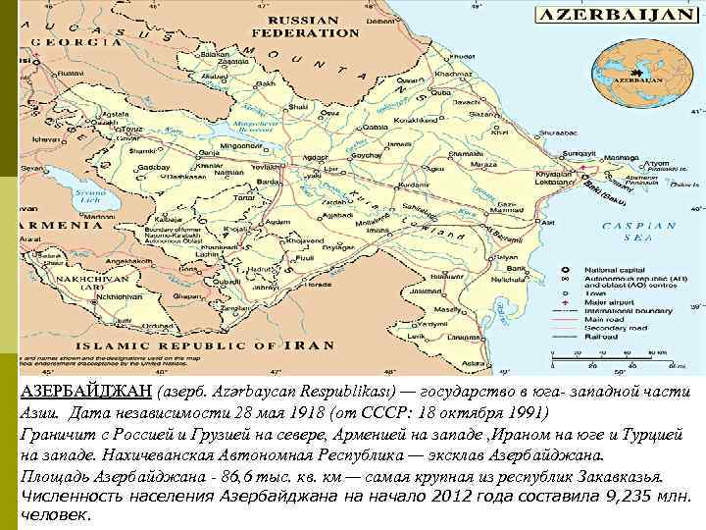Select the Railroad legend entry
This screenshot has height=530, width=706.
[601, 335]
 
